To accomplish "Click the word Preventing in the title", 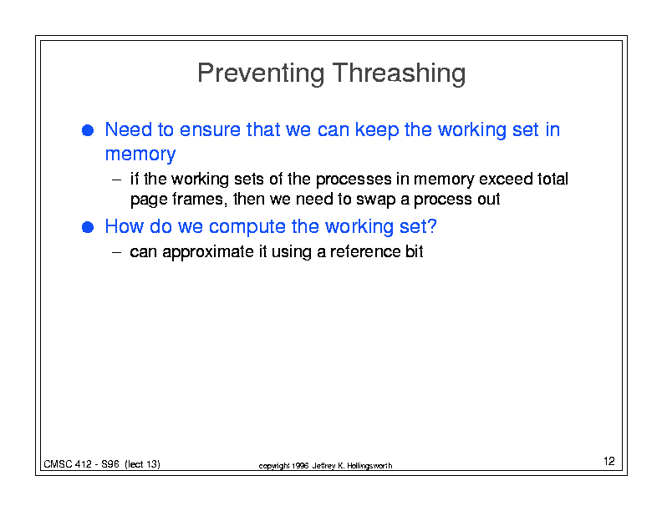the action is click(x=261, y=73).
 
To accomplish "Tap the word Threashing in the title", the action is click(x=399, y=73).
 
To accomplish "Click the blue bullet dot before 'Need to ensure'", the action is click(x=88, y=130).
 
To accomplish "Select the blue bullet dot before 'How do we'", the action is click(x=88, y=227).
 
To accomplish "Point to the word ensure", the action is click(x=211, y=129).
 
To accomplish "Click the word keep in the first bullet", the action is click(x=377, y=130).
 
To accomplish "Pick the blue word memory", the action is click(x=140, y=154).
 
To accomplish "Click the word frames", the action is click(x=198, y=199).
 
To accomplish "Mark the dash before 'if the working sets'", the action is click(x=116, y=180).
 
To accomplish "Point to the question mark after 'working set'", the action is click(x=432, y=226).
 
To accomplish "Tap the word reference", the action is click(x=365, y=251).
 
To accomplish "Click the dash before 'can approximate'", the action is click(x=116, y=252).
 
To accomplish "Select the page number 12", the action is click(x=609, y=461).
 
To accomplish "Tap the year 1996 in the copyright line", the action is click(x=300, y=466).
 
